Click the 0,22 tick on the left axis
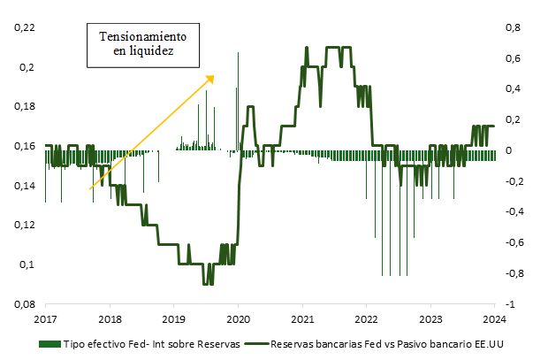point(24,28)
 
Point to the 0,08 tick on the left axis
point(24,304)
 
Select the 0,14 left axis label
point(24,186)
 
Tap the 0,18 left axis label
point(24,107)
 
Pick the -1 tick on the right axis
point(510,304)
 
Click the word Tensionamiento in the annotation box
point(143,38)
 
